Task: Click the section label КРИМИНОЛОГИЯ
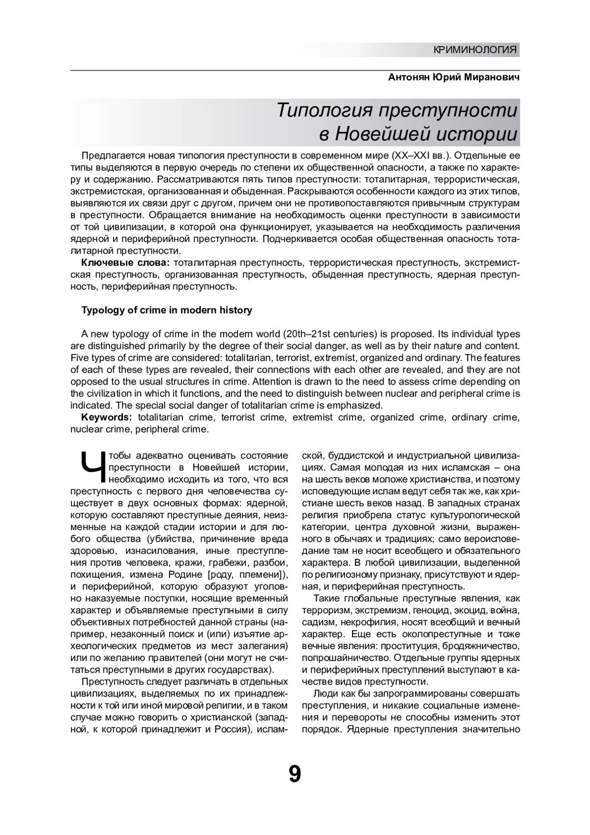click(475, 50)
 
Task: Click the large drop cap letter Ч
click(91, 469)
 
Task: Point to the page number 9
click(295, 775)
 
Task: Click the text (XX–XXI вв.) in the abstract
click(421, 156)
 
